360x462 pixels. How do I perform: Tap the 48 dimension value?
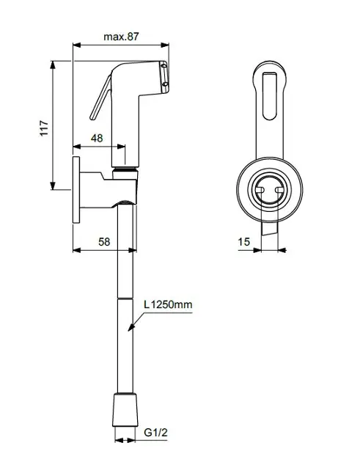click(97, 138)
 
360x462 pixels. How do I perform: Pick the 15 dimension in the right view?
click(244, 241)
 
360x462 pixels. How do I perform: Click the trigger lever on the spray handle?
click(100, 98)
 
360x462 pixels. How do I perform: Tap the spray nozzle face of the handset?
click(165, 77)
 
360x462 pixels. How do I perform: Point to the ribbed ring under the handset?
click(125, 173)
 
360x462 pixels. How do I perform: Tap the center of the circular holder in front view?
click(267, 190)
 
